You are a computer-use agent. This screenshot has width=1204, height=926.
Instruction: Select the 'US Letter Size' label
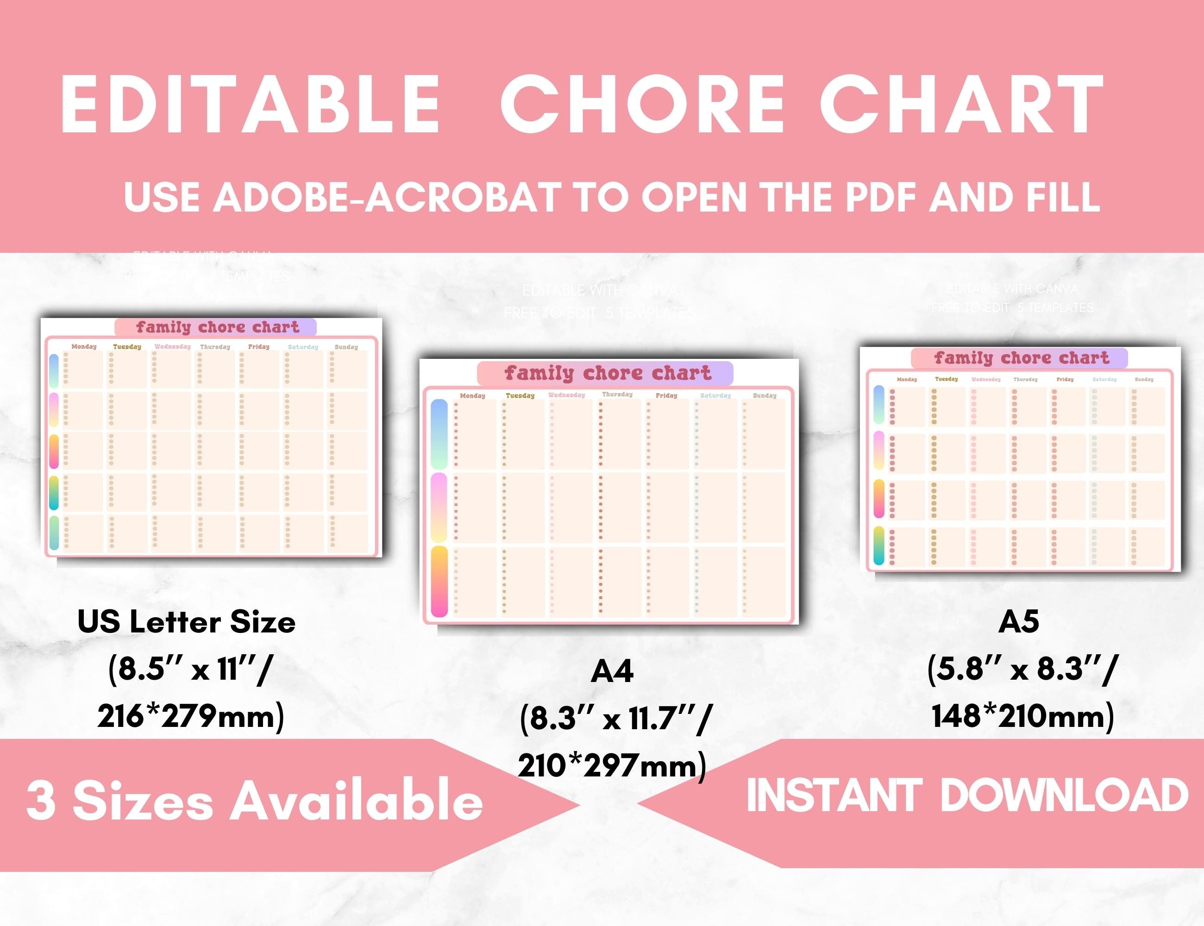point(186,622)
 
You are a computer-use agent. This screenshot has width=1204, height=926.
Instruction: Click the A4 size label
point(612,671)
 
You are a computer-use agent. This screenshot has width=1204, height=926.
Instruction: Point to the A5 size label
point(1019,622)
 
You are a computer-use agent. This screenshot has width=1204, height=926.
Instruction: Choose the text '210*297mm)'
point(612,766)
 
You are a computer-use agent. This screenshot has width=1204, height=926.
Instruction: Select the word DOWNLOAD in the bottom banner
point(1064,795)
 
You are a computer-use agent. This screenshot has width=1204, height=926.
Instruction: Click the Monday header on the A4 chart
point(472,396)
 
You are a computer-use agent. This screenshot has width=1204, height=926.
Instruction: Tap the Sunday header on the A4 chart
point(764,396)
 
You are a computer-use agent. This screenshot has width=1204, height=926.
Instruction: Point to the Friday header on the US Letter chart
point(258,347)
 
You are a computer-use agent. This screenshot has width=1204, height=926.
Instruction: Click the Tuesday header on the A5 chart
point(946,379)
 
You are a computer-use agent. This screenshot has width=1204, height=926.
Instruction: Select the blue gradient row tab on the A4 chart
point(439,434)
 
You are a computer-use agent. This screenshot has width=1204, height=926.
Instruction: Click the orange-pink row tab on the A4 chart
point(439,581)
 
